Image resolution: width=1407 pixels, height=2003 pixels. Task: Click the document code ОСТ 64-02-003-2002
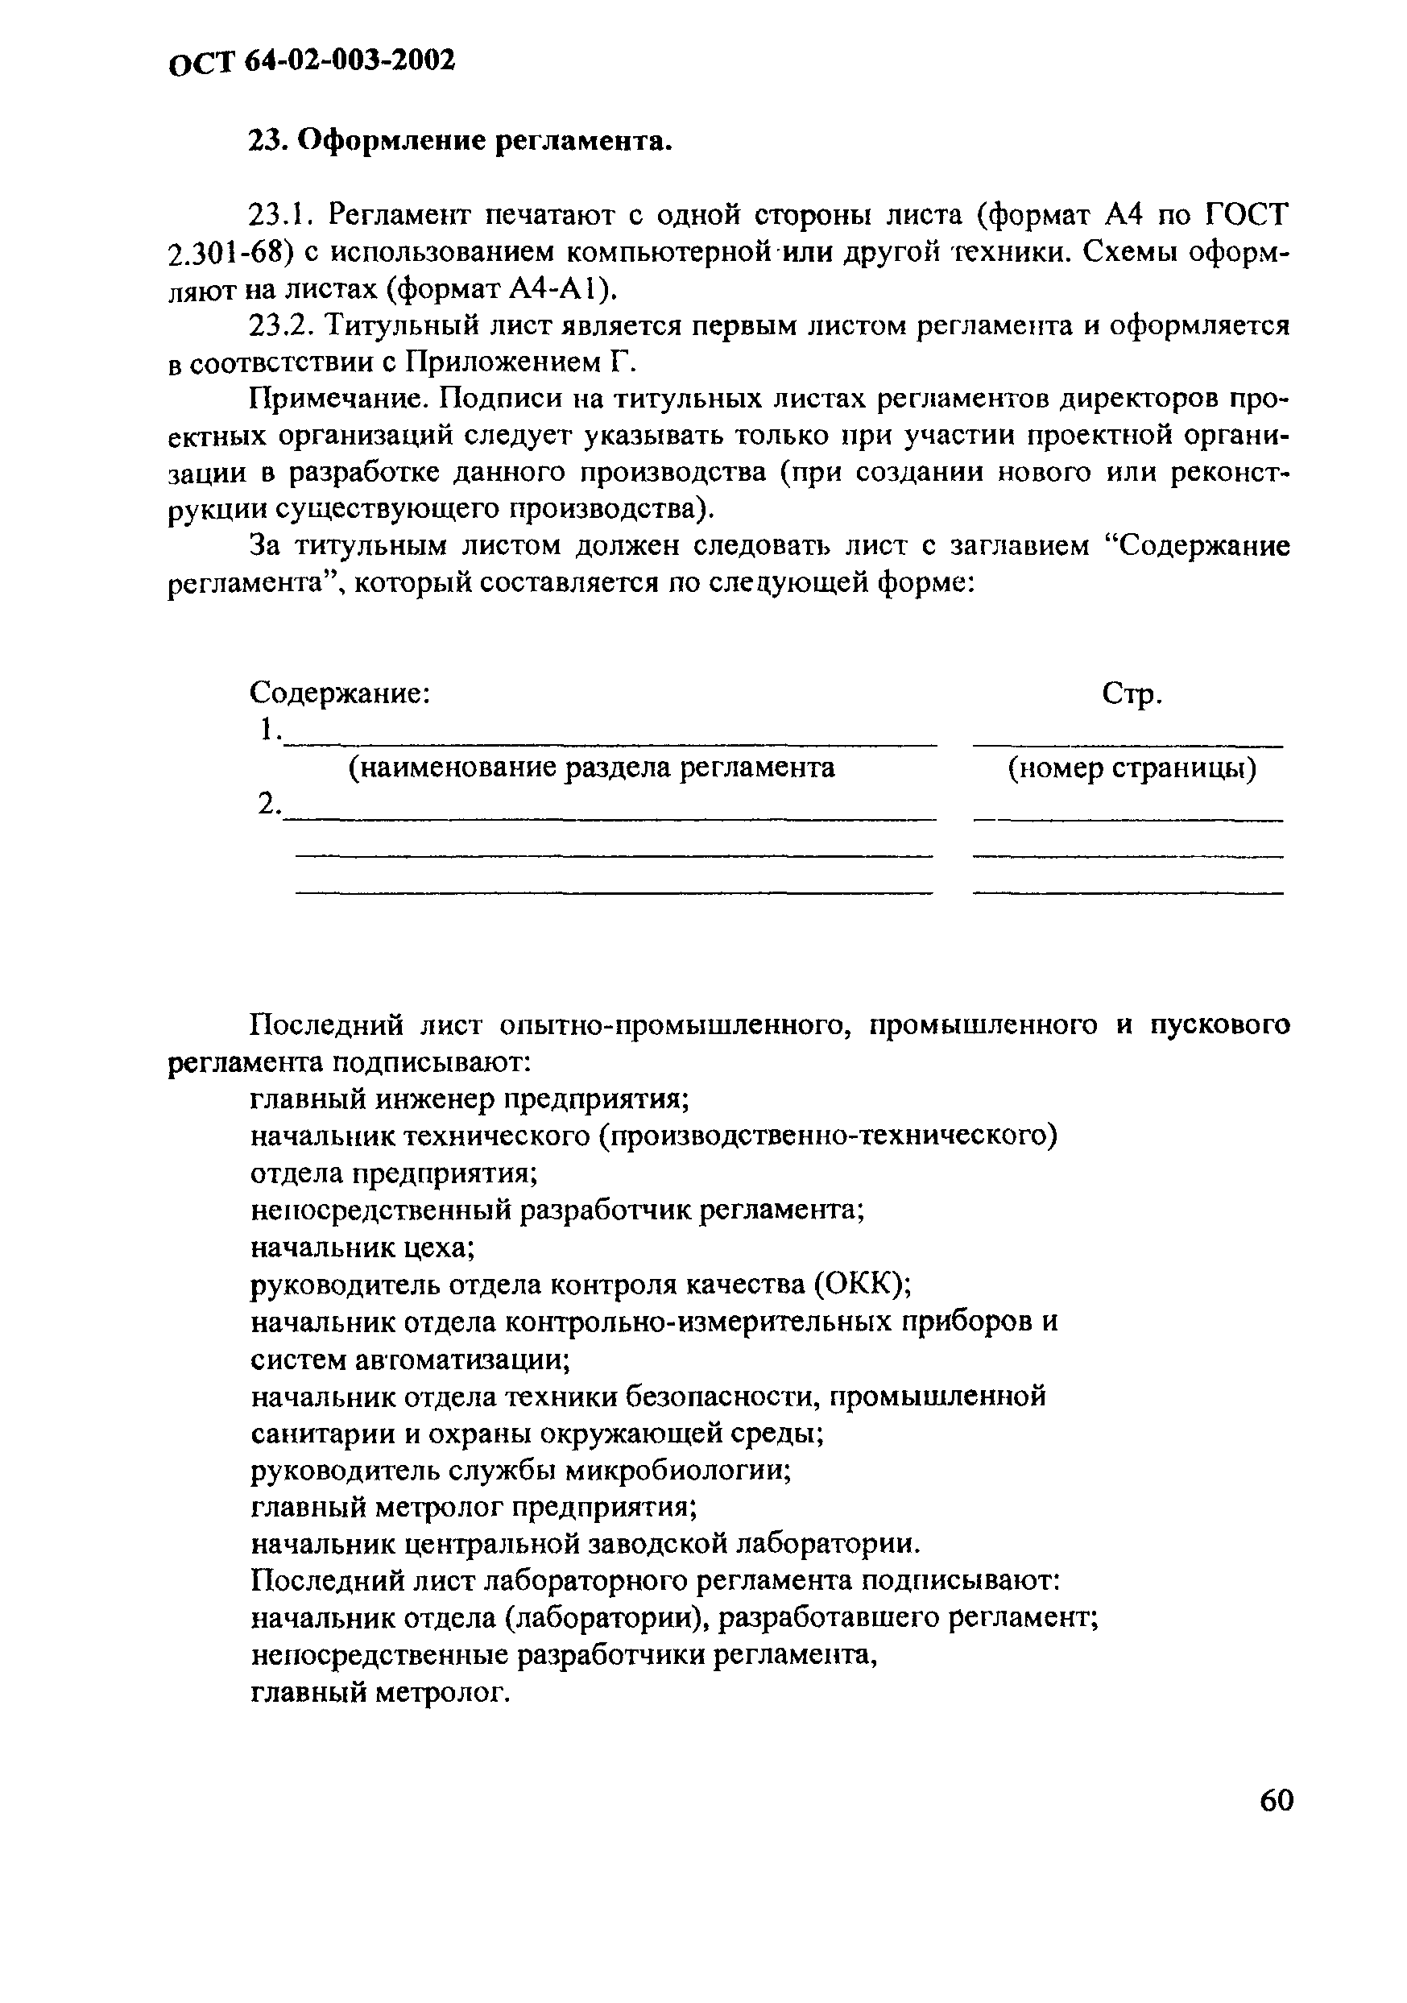tap(312, 62)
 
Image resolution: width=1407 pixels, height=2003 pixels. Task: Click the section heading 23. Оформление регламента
tap(461, 141)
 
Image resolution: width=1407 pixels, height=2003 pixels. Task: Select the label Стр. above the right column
tap(1132, 694)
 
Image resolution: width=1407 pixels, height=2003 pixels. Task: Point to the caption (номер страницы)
tap(1132, 768)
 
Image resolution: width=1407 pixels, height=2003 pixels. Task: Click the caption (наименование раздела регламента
tap(591, 768)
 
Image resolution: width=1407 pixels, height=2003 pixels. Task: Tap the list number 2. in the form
tap(269, 804)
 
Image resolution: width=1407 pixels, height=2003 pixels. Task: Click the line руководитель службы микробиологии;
tap(521, 1471)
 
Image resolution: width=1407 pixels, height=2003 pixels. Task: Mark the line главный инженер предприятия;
tap(470, 1100)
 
